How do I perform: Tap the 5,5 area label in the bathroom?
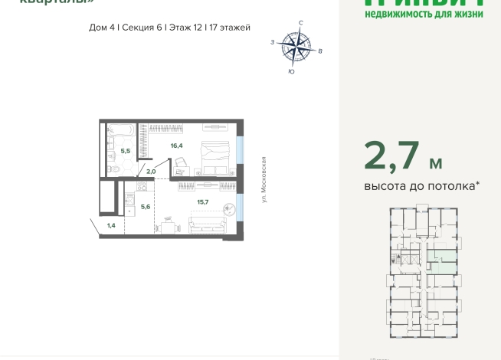pyautogui.click(x=126, y=151)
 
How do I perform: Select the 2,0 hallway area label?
pyautogui.click(x=150, y=172)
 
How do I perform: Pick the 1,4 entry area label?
pyautogui.click(x=111, y=225)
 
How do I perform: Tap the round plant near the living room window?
pyautogui.click(x=228, y=208)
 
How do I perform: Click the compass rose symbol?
pyautogui.click(x=296, y=47)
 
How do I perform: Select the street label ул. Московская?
pyautogui.click(x=263, y=179)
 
